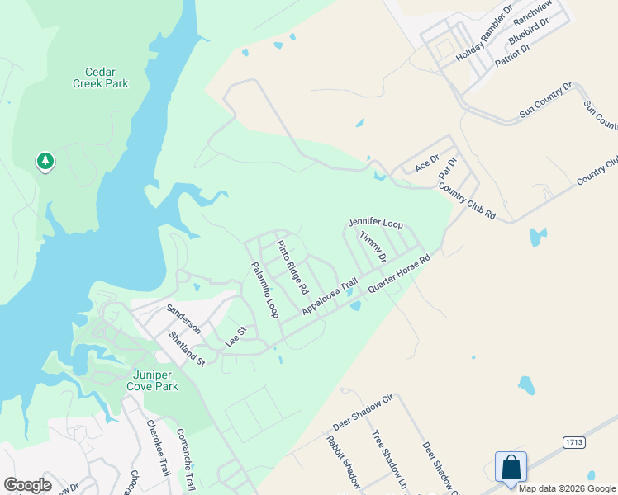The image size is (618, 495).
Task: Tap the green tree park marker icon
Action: [x=45, y=161]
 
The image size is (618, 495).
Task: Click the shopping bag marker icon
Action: [x=511, y=467]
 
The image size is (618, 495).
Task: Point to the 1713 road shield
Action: [x=574, y=442]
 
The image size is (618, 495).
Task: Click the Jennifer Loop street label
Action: [x=375, y=224]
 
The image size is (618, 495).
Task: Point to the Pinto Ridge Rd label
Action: [x=292, y=267]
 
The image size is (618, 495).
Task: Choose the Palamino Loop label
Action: [x=265, y=290]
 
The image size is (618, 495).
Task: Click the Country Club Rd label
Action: [x=467, y=202]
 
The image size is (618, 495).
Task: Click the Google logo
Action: [x=27, y=485]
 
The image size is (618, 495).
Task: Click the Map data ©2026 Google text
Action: [x=568, y=488]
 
